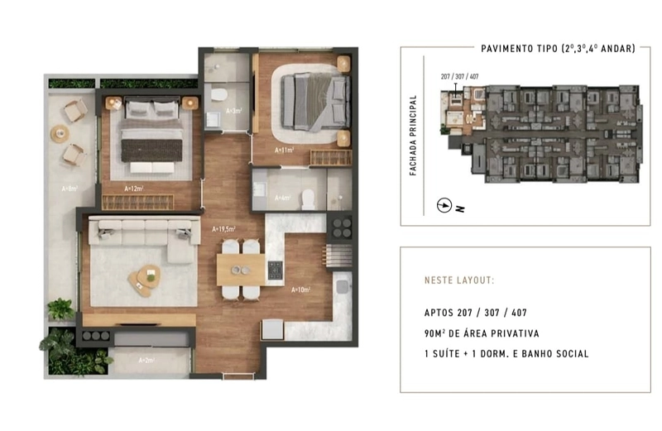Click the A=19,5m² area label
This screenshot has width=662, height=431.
tap(224, 229)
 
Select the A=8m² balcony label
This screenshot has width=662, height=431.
tap(69, 189)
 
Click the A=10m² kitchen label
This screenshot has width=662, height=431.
tap(300, 290)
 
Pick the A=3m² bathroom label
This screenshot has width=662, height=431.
tap(235, 110)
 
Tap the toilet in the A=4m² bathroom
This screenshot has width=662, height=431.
tap(308, 198)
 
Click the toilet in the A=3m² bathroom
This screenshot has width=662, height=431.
tap(218, 95)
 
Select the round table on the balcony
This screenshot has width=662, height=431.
tap(60, 132)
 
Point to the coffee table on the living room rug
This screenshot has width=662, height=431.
tap(145, 278)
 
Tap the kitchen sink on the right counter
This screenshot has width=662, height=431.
tap(341, 287)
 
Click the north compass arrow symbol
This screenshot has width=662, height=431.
tap(445, 205)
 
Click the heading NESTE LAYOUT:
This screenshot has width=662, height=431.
tap(458, 280)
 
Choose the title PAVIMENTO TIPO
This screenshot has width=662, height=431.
tap(517, 49)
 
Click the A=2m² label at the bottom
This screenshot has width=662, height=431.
tap(147, 360)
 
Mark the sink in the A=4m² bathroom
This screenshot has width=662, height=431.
tap(258, 190)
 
